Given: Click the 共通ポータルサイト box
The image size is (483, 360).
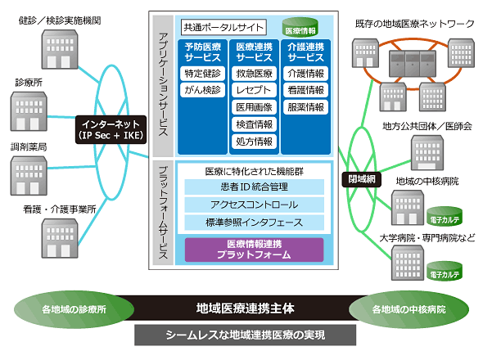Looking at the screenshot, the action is point(223,27).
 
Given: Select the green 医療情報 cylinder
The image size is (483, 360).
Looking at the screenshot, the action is point(300,27).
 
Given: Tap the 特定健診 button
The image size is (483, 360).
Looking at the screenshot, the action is point(202,74).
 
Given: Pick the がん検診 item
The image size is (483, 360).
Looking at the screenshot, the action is point(202,90).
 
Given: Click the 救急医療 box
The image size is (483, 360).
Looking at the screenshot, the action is point(254,74).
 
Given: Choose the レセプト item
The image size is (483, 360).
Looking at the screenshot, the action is point(254,90).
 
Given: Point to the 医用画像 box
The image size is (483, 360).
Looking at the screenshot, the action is point(254,107).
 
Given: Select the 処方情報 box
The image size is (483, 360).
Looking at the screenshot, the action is point(254,142).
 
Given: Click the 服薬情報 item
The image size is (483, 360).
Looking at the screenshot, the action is point(305,107).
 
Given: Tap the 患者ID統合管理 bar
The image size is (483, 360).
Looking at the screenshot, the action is point(254,187).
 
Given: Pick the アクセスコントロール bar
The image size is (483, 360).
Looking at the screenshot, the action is point(254,205).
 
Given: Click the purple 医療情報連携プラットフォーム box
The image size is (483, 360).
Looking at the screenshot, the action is point(254,250).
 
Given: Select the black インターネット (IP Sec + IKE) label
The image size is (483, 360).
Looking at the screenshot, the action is point(111,129).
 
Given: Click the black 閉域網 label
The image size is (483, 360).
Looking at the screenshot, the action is point(362,179).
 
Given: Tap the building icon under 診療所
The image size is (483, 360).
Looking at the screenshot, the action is point(29,111).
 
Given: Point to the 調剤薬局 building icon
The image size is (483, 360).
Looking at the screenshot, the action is point(29,176).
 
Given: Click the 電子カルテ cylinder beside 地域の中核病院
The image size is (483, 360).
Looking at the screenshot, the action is point(445,216).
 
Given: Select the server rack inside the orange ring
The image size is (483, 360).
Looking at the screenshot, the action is point(413,64).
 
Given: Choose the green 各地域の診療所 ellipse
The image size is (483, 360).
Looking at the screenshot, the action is point(74,309).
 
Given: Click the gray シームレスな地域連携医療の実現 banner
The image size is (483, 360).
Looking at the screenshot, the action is point(246,335).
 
